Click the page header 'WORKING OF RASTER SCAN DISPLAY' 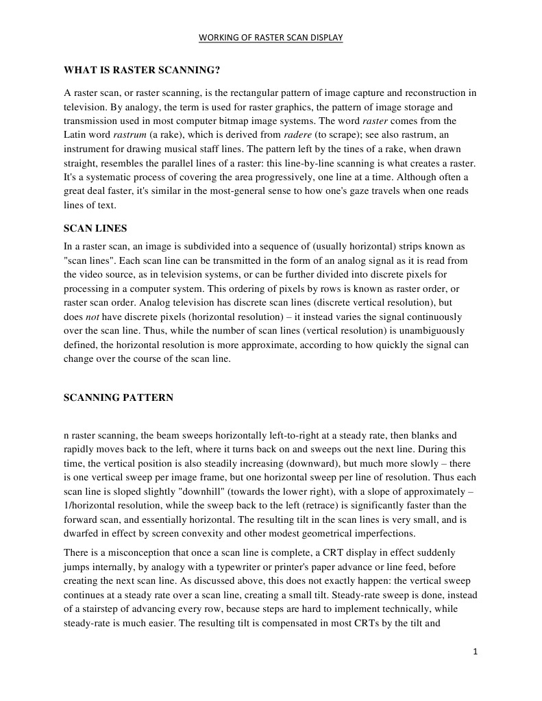pyautogui.click(x=271, y=38)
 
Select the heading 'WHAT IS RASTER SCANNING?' pyautogui.click(x=142, y=70)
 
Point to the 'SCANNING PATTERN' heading pyautogui.click(x=119, y=397)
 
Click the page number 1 pyautogui.click(x=475, y=652)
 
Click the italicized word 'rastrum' pyautogui.click(x=128, y=134)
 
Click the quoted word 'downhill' pyautogui.click(x=160, y=491)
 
